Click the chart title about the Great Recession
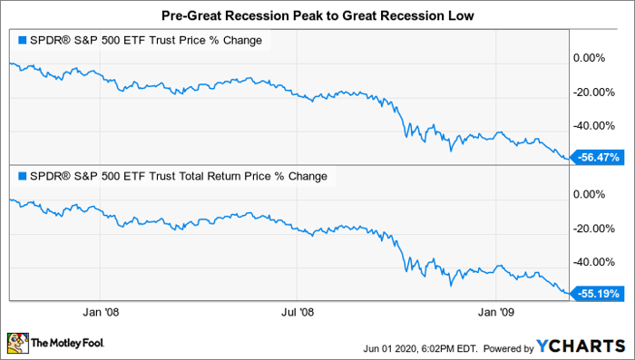click(x=317, y=15)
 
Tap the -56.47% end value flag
click(x=595, y=157)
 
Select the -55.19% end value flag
click(x=595, y=293)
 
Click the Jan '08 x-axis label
click(x=101, y=312)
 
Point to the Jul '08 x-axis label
click(x=298, y=312)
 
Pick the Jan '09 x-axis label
click(x=495, y=312)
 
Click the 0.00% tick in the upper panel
click(x=590, y=58)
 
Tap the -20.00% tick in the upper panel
click(x=593, y=92)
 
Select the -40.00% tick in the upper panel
click(x=593, y=126)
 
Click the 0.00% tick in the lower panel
click(x=590, y=194)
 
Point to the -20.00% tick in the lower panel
click(x=593, y=229)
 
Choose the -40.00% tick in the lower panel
click(x=593, y=262)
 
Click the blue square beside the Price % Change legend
click(x=23, y=40)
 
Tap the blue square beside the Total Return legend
click(x=23, y=176)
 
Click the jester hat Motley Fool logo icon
click(x=18, y=344)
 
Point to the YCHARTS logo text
click(x=581, y=346)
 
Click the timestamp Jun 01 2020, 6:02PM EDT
click(x=420, y=348)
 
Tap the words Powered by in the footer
click(x=509, y=348)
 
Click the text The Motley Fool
click(x=68, y=343)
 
